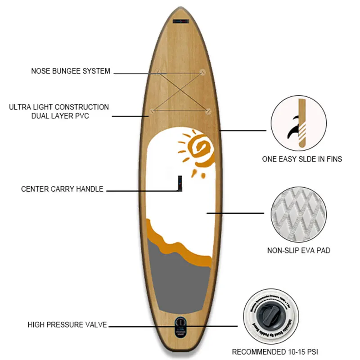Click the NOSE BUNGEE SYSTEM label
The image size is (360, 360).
[71, 71]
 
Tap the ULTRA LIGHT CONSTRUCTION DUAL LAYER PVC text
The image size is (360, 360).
[59, 112]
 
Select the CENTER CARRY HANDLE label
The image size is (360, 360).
[62, 189]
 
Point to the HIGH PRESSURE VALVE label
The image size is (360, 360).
[67, 324]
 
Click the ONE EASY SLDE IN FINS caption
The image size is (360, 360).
[302, 159]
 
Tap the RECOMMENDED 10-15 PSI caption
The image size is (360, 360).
[278, 351]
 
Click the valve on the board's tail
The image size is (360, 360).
[180, 324]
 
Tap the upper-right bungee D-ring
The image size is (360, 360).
[202, 72]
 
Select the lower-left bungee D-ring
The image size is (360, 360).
[153, 111]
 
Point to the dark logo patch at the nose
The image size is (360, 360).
[180, 21]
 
